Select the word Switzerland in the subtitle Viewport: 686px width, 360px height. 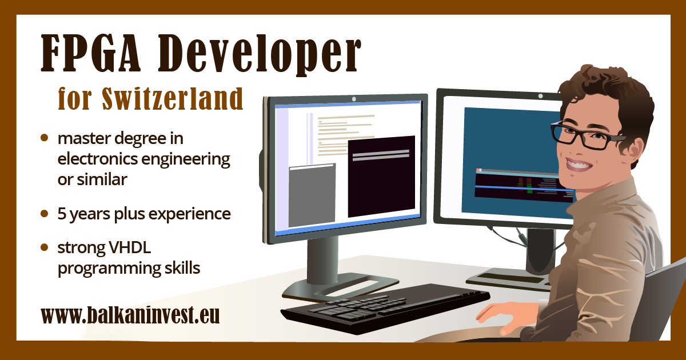click(x=173, y=99)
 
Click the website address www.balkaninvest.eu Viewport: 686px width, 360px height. click(x=130, y=315)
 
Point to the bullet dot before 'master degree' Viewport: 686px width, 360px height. click(x=45, y=138)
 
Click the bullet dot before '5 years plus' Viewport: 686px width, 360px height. click(x=45, y=214)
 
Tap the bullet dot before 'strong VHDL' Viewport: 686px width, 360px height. click(x=45, y=248)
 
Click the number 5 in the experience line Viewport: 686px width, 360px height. click(x=62, y=214)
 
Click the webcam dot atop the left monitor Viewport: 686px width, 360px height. click(x=354, y=99)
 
